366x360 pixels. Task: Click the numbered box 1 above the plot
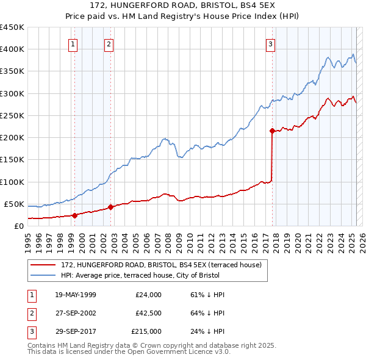(x=73, y=43)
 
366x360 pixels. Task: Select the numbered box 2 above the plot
(x=109, y=43)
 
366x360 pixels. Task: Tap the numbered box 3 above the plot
(x=270, y=43)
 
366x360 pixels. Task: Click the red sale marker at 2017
(x=272, y=130)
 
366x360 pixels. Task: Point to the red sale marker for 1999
(x=74, y=215)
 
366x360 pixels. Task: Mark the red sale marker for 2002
(x=110, y=207)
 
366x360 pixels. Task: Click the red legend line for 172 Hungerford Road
(x=43, y=265)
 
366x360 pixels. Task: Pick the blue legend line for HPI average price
(x=43, y=275)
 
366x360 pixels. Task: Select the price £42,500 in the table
(x=148, y=314)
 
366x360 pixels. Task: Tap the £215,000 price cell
(x=146, y=332)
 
